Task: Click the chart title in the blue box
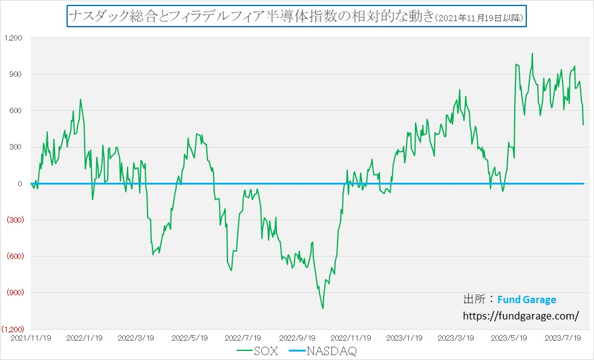click(x=296, y=16)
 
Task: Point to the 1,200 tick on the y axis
click(x=13, y=38)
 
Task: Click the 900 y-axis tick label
click(x=15, y=74)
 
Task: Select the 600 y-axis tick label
click(x=15, y=111)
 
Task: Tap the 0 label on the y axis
click(x=19, y=183)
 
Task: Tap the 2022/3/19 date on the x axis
click(x=135, y=337)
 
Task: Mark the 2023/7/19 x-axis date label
click(x=563, y=337)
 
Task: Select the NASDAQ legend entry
click(x=327, y=351)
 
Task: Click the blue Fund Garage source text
click(x=526, y=299)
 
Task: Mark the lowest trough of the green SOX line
click(x=322, y=309)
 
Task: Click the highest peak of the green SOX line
click(x=532, y=53)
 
